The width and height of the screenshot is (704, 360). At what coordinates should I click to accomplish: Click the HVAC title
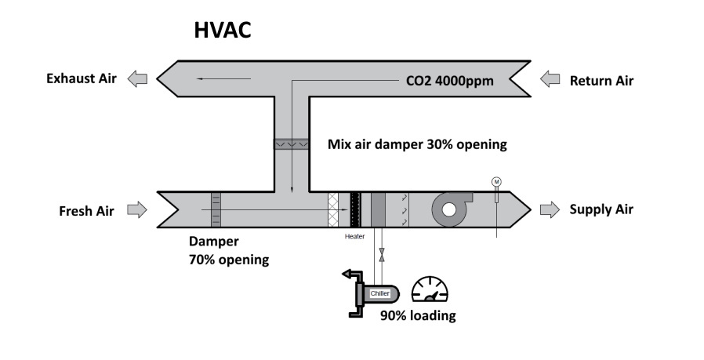pyautogui.click(x=222, y=31)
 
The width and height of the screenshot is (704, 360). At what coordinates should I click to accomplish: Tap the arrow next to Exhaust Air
pyautogui.click(x=138, y=78)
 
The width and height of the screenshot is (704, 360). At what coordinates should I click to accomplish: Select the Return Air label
pyautogui.click(x=601, y=80)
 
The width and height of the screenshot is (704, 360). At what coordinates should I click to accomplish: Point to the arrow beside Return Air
pyautogui.click(x=550, y=79)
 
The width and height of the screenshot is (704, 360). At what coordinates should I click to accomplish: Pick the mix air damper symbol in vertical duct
pyautogui.click(x=291, y=144)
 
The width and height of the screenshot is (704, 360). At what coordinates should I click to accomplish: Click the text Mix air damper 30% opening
pyautogui.click(x=417, y=144)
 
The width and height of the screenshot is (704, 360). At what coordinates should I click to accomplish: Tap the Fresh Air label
pyautogui.click(x=86, y=210)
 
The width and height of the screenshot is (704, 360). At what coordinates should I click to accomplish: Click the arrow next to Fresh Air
pyautogui.click(x=137, y=209)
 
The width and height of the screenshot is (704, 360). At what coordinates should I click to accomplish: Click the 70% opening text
pyautogui.click(x=229, y=260)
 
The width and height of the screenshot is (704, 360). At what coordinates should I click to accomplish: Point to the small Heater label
pyautogui.click(x=355, y=236)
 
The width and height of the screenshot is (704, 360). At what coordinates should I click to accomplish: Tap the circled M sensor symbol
pyautogui.click(x=496, y=182)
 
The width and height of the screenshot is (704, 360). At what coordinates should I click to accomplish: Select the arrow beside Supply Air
pyautogui.click(x=550, y=209)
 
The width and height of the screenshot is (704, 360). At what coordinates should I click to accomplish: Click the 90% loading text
pyautogui.click(x=418, y=316)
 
